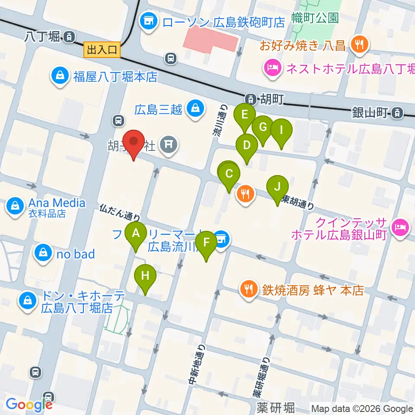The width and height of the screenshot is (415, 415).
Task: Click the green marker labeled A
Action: coord(136,234)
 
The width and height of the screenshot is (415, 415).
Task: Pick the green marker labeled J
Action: coord(278,187)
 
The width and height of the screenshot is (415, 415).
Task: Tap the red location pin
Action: coord(134,142)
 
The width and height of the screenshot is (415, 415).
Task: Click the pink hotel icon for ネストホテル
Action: coord(272,68)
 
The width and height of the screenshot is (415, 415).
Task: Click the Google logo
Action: coord(29,404)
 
